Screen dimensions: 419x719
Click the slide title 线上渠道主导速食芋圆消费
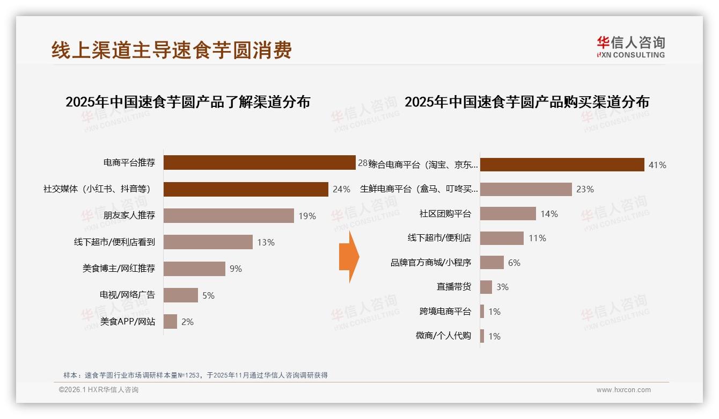click(172, 50)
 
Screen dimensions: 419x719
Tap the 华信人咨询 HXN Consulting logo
click(630, 47)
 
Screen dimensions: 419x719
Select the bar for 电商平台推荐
click(259, 162)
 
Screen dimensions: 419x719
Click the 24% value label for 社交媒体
click(341, 189)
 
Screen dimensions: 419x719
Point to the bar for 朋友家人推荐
click(229, 215)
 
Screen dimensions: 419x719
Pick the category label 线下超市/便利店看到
click(114, 242)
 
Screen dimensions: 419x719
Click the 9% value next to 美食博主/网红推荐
click(236, 269)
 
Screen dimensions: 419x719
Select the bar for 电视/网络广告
click(180, 295)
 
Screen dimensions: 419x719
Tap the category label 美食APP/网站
click(128, 322)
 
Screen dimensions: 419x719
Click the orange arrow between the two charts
click(349, 257)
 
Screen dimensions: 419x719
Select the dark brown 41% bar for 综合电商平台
click(562, 165)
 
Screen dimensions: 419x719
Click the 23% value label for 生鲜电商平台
click(585, 189)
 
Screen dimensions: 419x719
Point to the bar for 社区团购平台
click(508, 213)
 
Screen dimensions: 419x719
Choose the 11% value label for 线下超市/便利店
click(537, 238)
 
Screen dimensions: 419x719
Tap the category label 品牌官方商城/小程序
click(431, 263)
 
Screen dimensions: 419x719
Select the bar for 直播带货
click(486, 287)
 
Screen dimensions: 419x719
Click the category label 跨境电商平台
click(445, 312)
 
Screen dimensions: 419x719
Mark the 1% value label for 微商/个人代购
click(494, 336)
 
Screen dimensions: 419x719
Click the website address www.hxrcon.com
click(623, 390)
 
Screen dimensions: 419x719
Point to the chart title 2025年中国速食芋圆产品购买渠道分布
click(527, 102)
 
